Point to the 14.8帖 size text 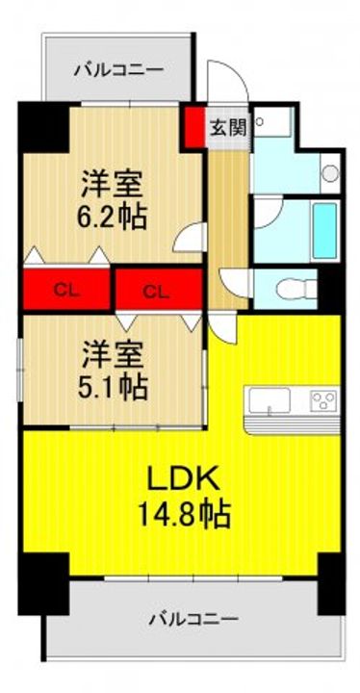[184, 516]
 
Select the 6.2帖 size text [112, 216]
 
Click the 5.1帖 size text [112, 386]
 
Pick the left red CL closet [66, 289]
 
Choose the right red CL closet [158, 289]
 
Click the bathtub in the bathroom [325, 231]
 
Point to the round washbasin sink [330, 173]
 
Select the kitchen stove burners [323, 400]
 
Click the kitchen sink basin [270, 400]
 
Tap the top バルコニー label [118, 69]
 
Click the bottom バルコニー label [193, 619]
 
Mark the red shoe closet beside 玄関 [194, 127]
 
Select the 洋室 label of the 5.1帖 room [112, 355]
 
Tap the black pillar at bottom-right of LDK [332, 583]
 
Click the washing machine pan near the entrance [273, 122]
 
